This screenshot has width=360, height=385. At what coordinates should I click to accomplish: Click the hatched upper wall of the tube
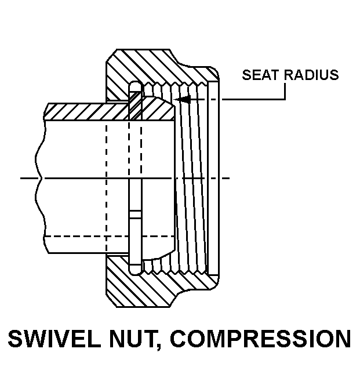pos(87,110)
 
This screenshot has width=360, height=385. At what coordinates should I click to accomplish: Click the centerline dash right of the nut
pos(226,178)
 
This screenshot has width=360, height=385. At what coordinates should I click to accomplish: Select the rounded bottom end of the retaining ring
pos(134,268)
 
